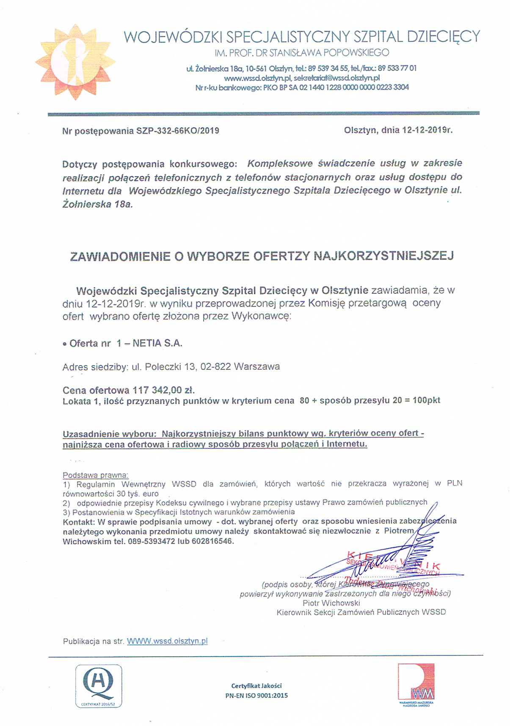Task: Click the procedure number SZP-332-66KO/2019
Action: (178, 131)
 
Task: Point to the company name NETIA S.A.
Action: (157, 343)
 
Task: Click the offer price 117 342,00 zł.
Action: (164, 390)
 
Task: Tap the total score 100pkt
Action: (427, 400)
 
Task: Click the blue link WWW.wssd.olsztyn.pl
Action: (167, 641)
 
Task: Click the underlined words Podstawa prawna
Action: (95, 475)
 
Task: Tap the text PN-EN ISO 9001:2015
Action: (256, 695)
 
